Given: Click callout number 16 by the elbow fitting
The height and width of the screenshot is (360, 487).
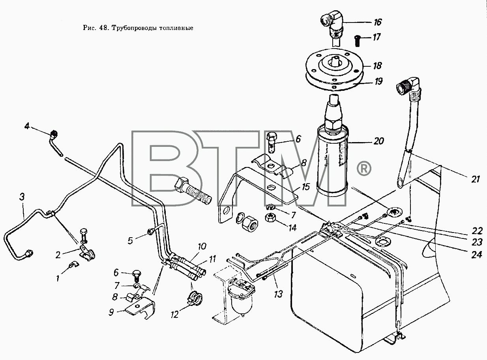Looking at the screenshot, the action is [x=378, y=22].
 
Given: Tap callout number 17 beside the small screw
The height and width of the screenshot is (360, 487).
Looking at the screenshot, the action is [x=376, y=37].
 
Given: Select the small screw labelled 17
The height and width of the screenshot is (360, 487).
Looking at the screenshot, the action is [x=358, y=41].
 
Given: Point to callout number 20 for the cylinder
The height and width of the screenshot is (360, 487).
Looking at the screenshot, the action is [x=378, y=141].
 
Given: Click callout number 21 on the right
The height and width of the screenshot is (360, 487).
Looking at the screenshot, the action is [x=476, y=180].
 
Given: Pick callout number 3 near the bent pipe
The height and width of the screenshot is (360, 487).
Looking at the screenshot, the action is [x=22, y=197].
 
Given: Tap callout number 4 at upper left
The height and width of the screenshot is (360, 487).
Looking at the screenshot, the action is [x=27, y=126].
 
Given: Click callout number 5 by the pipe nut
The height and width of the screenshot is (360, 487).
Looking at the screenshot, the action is [x=130, y=241].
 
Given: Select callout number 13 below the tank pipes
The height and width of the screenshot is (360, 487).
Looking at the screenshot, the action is [x=278, y=294].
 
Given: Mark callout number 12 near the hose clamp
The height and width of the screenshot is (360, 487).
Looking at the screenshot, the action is [x=174, y=315].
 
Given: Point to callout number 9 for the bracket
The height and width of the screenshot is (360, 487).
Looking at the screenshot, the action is [x=111, y=312].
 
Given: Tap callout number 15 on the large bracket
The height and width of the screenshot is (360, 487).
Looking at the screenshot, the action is [x=305, y=187].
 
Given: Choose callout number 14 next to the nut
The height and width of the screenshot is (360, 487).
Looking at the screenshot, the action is [x=292, y=228].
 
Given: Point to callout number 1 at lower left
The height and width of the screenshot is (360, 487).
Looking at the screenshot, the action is [x=58, y=279].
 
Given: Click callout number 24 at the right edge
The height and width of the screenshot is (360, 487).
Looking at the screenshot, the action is [x=476, y=255].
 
